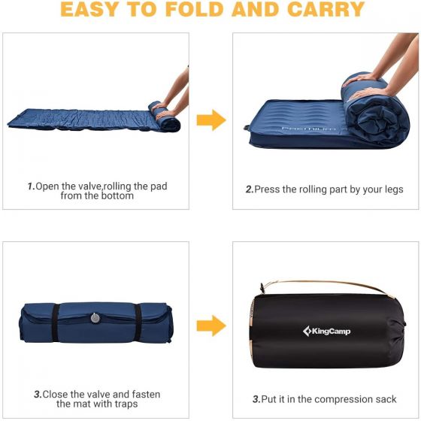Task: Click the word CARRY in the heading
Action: point(326,9)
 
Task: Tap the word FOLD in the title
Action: point(195,9)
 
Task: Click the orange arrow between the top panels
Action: point(211,120)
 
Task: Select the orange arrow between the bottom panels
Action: point(211,326)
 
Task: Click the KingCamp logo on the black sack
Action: point(326,331)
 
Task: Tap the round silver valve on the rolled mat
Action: point(95,317)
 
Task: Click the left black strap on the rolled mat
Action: point(56,323)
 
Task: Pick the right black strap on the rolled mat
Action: point(138,323)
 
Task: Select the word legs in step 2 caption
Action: point(394,189)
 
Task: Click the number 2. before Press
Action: point(250,189)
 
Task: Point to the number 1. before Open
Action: point(31,186)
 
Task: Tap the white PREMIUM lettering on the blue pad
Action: point(309,129)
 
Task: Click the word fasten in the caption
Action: point(146,395)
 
